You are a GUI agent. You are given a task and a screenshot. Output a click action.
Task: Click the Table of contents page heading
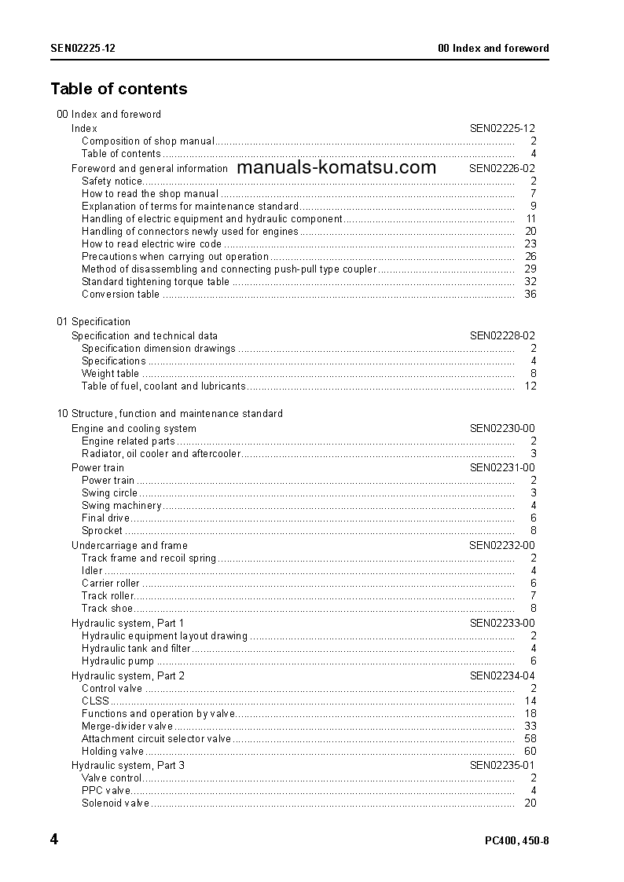pos(119,89)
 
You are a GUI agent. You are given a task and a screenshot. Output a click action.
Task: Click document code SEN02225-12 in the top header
pos(83,48)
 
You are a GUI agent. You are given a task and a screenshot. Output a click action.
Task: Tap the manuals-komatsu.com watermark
pos(336,167)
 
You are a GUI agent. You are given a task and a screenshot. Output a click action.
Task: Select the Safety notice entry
pos(112,181)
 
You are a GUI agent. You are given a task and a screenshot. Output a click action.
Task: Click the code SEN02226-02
pos(502,168)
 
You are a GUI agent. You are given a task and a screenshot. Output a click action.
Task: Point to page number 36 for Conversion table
pos(530,295)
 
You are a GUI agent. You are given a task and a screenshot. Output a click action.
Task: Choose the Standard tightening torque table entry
pos(156,282)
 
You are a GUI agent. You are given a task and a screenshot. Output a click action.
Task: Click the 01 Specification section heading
pos(94,322)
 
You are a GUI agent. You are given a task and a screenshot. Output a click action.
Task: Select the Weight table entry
pos(110,374)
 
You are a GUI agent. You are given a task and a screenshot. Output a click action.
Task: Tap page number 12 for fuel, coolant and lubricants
pos(530,386)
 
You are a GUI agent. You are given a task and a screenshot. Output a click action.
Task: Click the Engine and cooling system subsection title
pos(134,429)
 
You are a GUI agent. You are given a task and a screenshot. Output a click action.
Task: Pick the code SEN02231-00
pos(502,468)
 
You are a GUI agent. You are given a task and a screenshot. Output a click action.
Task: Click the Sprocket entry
pos(102,531)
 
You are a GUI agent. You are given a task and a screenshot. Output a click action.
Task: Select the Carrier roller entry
pos(111,584)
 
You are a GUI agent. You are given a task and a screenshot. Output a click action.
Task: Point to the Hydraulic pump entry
pos(118,661)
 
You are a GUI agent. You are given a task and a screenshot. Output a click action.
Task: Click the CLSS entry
pos(95,701)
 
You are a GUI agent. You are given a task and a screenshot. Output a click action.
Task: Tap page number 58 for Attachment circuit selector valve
pos(530,739)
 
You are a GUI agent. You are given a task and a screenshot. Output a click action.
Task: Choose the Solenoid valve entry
pos(116,803)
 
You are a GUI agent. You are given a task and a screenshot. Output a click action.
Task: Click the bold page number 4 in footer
pos(54,840)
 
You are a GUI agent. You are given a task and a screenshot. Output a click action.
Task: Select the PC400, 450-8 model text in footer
pos(516,841)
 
